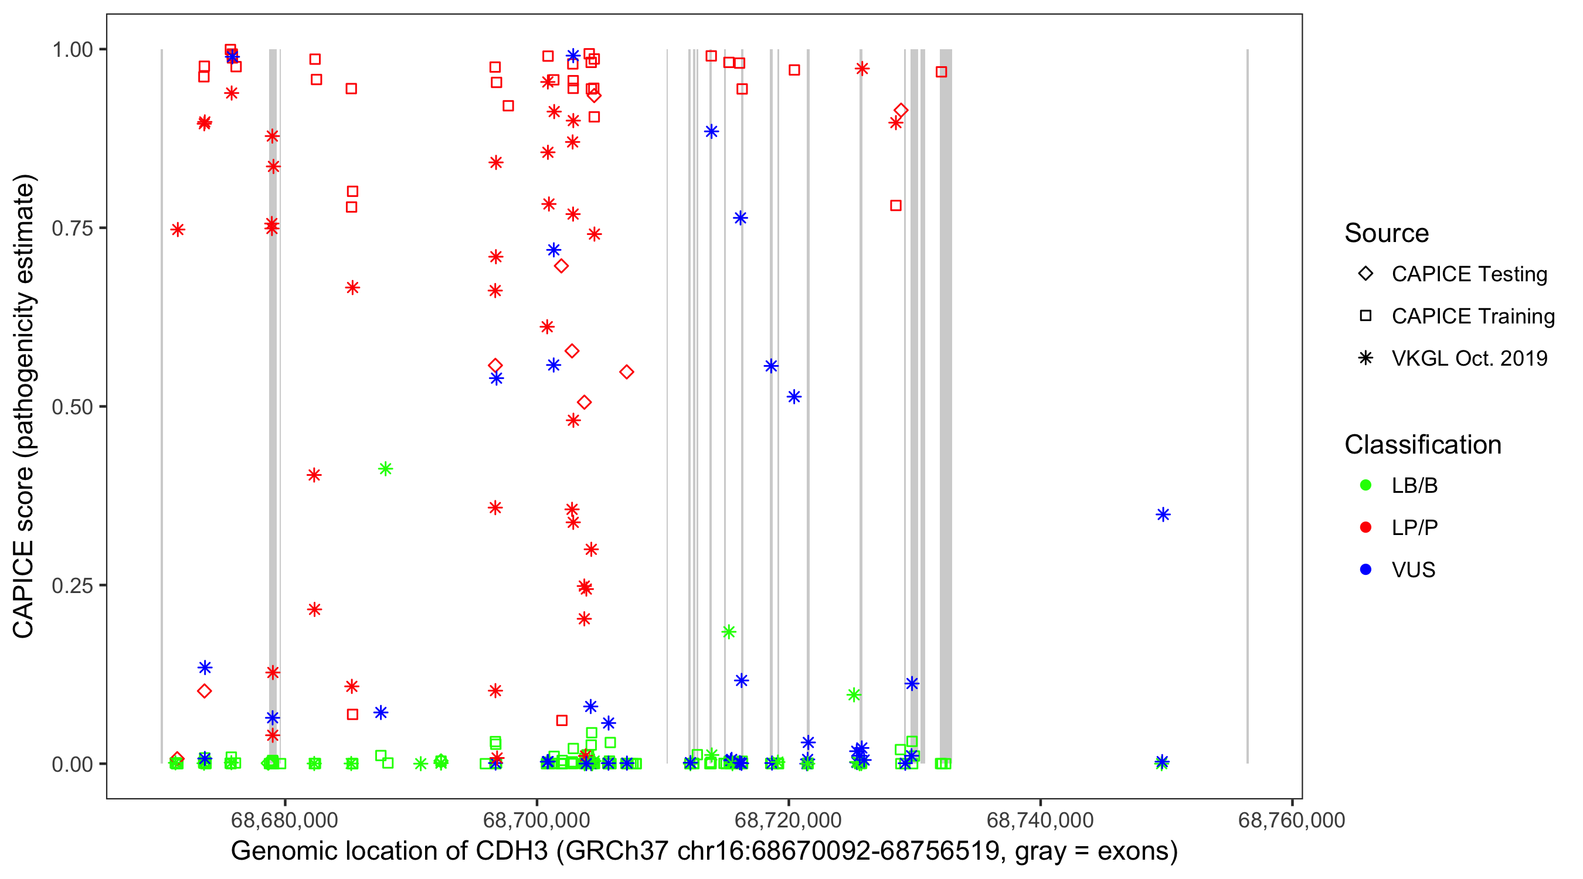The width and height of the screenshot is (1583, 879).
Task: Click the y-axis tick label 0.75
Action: pyautogui.click(x=72, y=228)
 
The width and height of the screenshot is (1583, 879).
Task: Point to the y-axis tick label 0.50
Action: pyautogui.click(x=72, y=407)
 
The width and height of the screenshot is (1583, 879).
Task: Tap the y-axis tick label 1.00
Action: pyautogui.click(x=72, y=49)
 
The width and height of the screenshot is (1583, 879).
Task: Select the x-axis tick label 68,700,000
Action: pyautogui.click(x=536, y=819)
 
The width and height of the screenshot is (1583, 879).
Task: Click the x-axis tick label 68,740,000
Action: pyautogui.click(x=1040, y=819)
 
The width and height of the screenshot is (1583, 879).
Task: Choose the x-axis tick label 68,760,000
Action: pyautogui.click(x=1292, y=819)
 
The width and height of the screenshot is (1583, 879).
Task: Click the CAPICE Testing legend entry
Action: pyautogui.click(x=1469, y=274)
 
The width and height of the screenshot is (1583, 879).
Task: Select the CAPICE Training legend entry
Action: pyautogui.click(x=1472, y=316)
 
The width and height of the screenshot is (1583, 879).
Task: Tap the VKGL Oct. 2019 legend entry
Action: pyautogui.click(x=1469, y=358)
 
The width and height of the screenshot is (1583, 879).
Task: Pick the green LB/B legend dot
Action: pyautogui.click(x=1365, y=485)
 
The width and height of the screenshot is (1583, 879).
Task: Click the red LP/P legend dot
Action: pyautogui.click(x=1365, y=527)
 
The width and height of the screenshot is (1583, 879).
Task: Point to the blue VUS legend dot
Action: pyautogui.click(x=1365, y=570)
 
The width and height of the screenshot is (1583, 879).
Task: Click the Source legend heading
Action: pyautogui.click(x=1387, y=233)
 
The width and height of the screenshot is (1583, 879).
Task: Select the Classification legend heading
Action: pyautogui.click(x=1422, y=445)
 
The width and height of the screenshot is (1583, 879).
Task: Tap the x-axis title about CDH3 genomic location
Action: pyautogui.click(x=704, y=851)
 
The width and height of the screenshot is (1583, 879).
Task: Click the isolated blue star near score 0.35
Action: pyautogui.click(x=1163, y=515)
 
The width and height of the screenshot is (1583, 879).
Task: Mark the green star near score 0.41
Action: pyautogui.click(x=385, y=469)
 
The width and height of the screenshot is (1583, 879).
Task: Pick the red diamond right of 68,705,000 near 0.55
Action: pyautogui.click(x=626, y=372)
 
